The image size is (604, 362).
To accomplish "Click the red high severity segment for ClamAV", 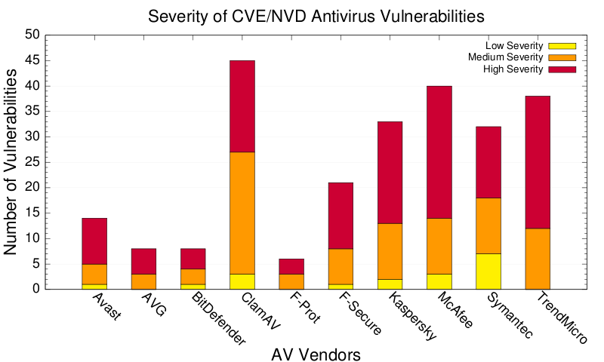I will [x=242, y=106].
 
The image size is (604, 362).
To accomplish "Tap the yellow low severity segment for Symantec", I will [x=488, y=271].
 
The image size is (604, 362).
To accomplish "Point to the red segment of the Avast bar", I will [x=94, y=241].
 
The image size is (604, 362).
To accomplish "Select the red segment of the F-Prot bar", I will [x=291, y=266].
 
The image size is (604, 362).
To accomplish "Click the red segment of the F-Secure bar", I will [x=341, y=216].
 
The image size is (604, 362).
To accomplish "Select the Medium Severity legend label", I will [x=505, y=57].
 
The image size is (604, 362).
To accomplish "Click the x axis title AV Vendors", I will [x=316, y=353].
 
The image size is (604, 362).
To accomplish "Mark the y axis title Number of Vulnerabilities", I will [x=13, y=161].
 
